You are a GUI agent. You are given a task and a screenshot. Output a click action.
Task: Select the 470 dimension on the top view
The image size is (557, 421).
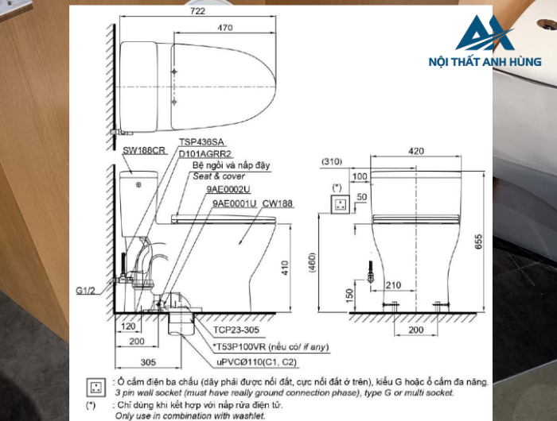[225, 28]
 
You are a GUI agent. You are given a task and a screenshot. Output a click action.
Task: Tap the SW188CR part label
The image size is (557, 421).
[144, 149]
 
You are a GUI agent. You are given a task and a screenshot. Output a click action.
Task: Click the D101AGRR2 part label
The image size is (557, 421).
[205, 154]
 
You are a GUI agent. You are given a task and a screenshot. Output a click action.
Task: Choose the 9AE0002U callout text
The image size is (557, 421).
[228, 191]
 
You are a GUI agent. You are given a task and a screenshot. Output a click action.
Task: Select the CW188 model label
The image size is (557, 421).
[278, 203]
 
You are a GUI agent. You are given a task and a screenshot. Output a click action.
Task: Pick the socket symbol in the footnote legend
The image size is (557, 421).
[96, 387]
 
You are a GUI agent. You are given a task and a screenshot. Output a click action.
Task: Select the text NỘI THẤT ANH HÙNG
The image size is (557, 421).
[485, 62]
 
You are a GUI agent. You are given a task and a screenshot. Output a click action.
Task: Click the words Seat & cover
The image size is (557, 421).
[219, 176]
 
